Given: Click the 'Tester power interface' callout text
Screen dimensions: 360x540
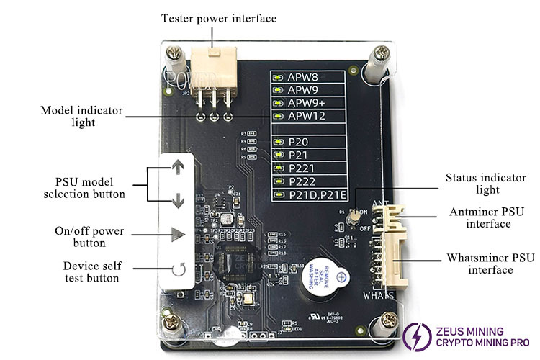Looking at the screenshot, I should pyautogui.click(x=218, y=18).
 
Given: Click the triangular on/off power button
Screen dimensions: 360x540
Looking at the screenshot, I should pyautogui.click(x=177, y=234).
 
